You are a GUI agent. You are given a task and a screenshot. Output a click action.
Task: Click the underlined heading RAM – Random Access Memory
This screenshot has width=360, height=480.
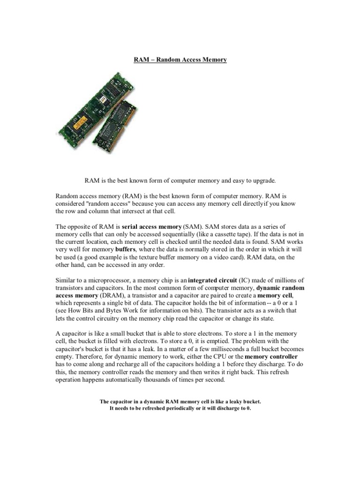click(x=180, y=60)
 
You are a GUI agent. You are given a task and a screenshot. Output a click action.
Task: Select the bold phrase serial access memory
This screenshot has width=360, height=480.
click(x=151, y=227)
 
